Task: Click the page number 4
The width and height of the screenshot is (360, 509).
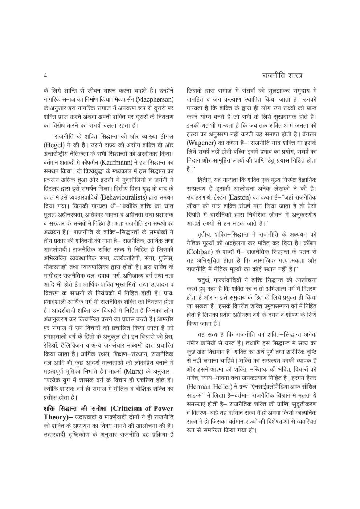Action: (45, 76)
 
